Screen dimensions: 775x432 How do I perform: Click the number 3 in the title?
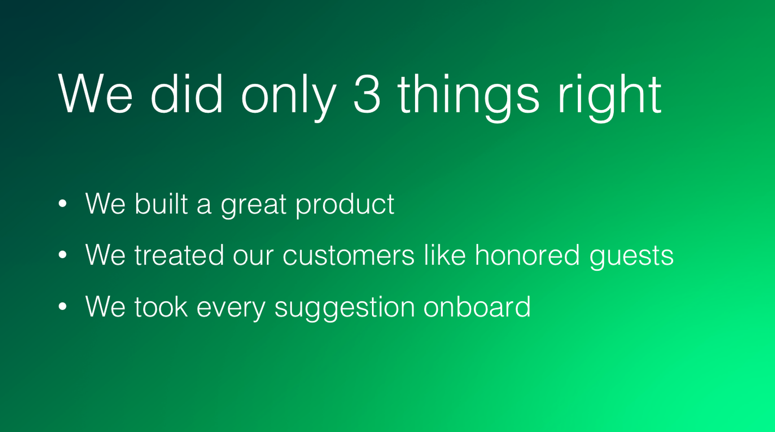click(x=367, y=94)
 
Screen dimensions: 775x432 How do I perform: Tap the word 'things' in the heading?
click(x=468, y=98)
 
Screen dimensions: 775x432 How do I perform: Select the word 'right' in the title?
click(x=610, y=98)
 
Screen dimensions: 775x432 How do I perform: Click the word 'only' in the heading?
click(x=289, y=98)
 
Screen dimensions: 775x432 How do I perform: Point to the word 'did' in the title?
click(x=186, y=94)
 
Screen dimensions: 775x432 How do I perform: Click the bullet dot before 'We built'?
click(x=62, y=204)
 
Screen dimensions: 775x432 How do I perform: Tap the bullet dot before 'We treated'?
click(x=62, y=255)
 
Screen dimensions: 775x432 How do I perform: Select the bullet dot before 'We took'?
click(x=62, y=307)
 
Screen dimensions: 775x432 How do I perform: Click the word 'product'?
click(x=345, y=205)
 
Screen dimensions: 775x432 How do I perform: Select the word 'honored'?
click(x=527, y=255)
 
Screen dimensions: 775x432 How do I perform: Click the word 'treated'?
click(x=179, y=255)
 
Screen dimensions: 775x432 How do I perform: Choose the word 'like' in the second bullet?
click(x=445, y=255)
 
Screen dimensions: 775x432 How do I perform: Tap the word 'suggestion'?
click(x=344, y=309)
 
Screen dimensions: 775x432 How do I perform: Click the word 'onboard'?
click(x=477, y=306)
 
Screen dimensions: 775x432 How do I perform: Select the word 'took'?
click(x=161, y=306)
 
